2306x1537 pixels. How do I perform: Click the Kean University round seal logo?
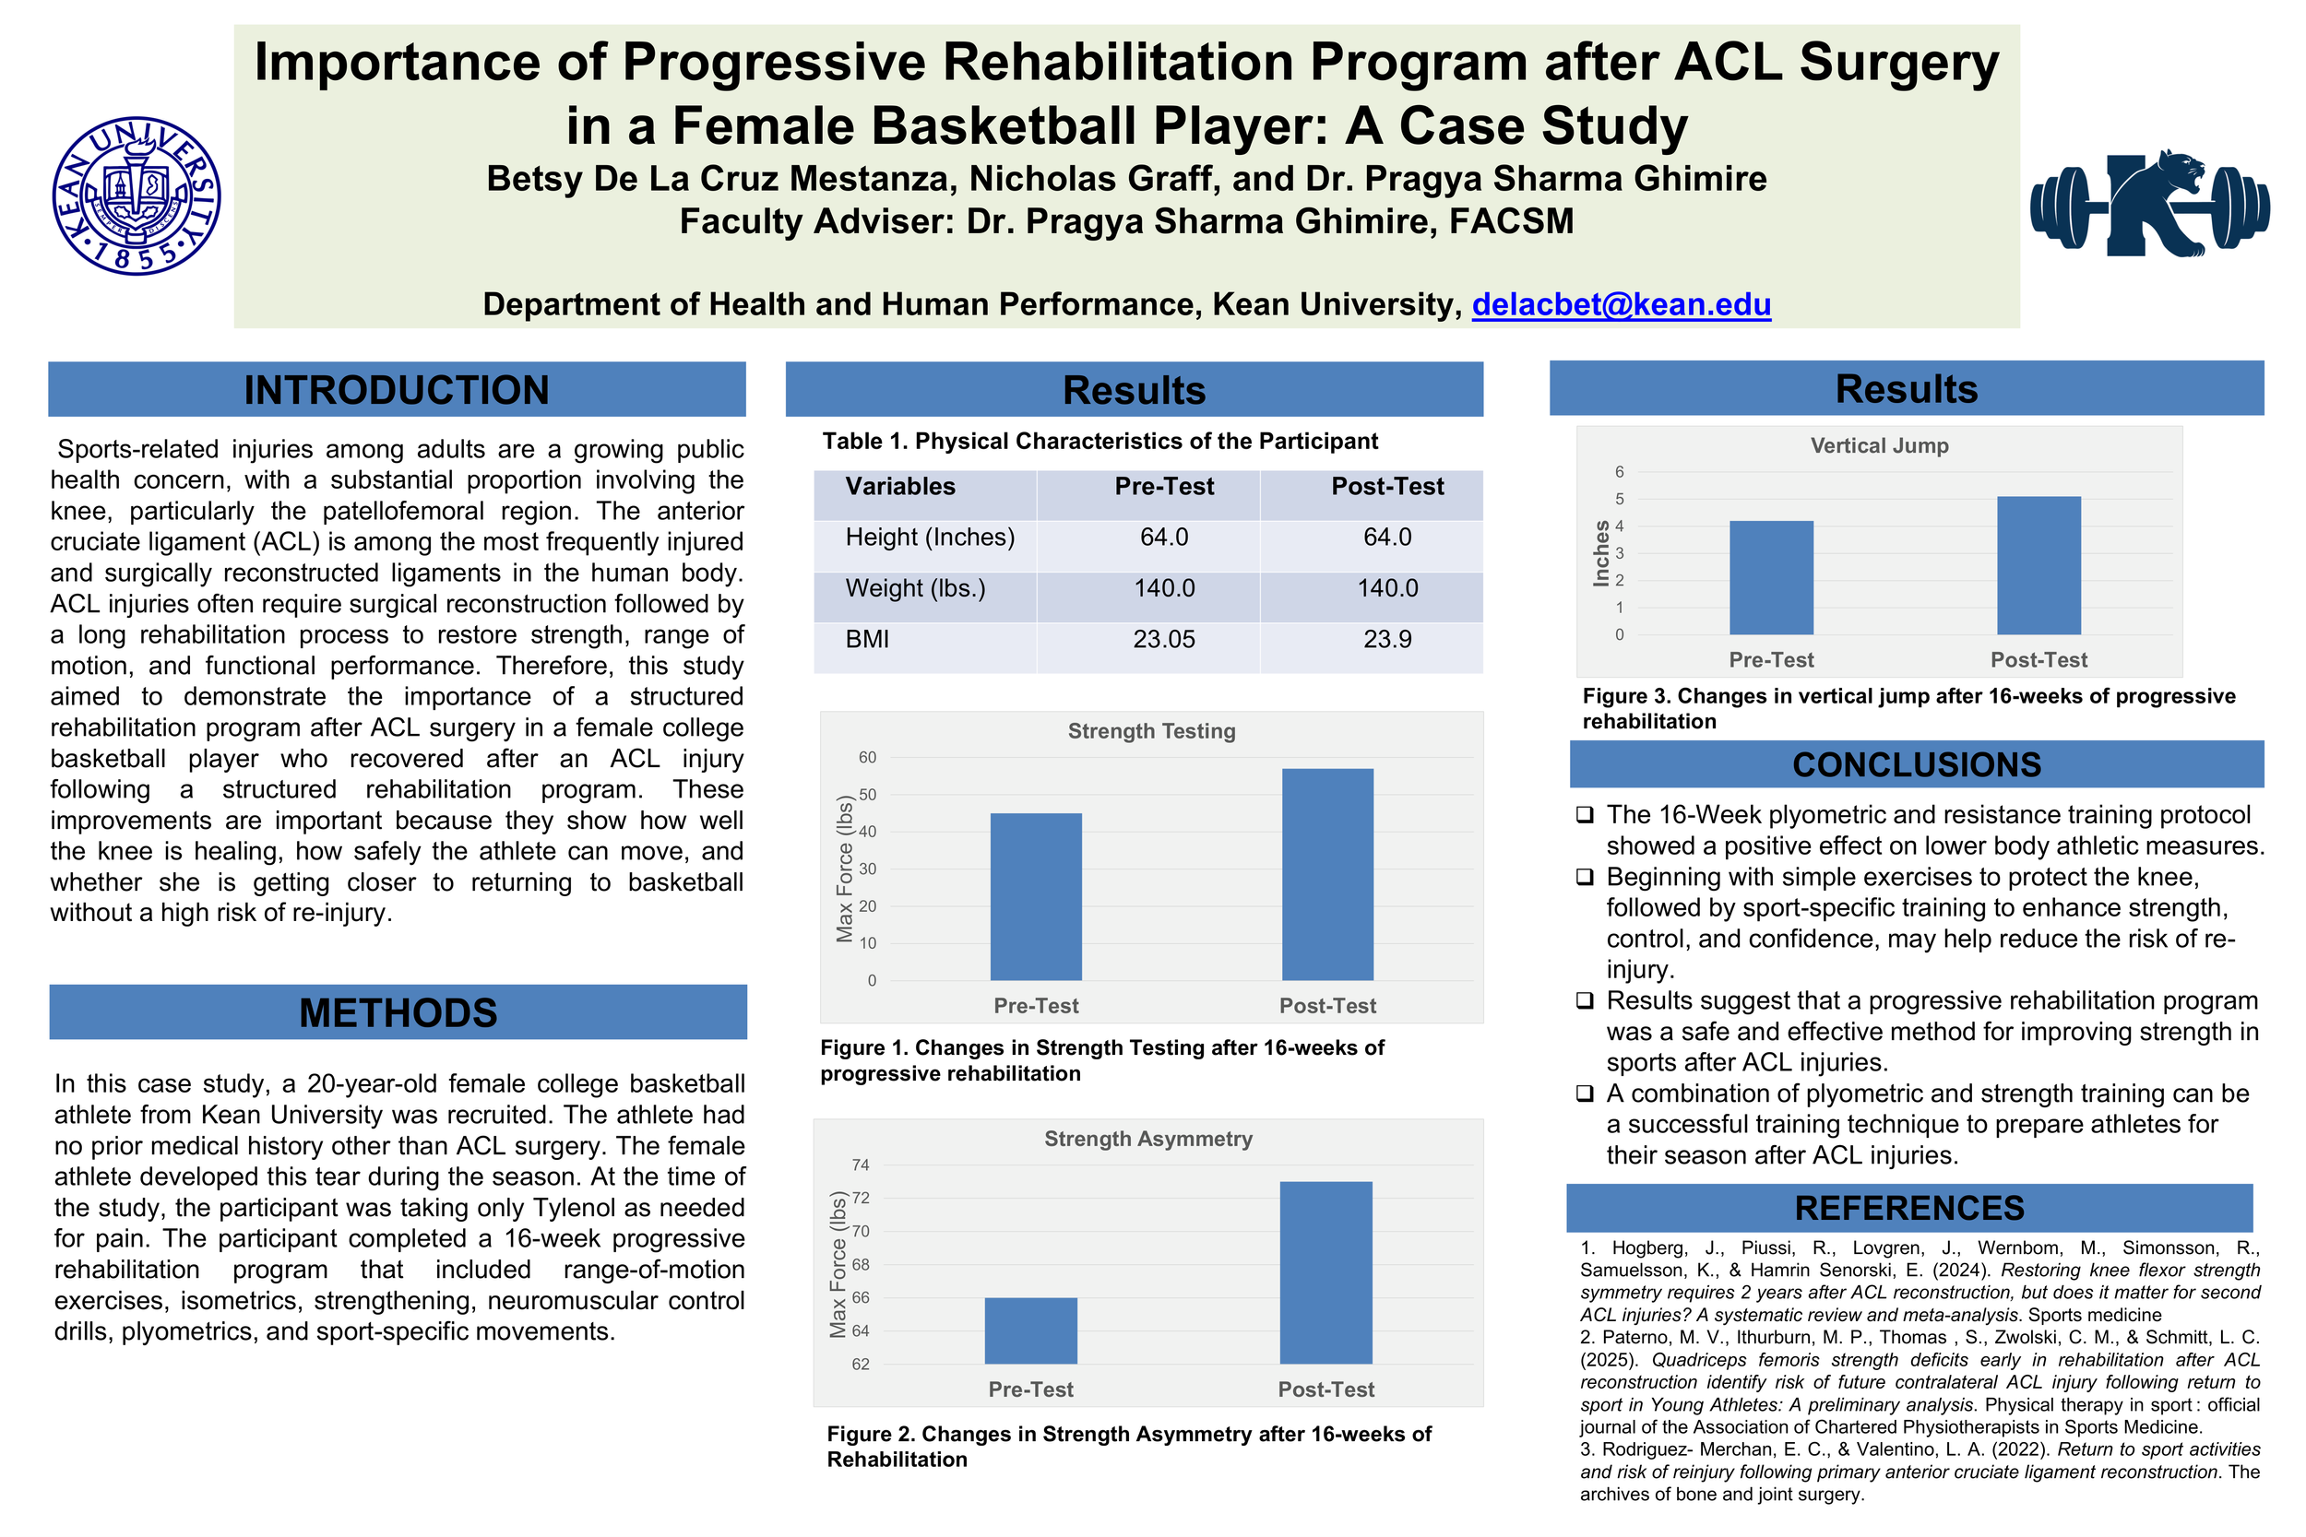pyautogui.click(x=137, y=196)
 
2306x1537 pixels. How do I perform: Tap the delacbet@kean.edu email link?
pyautogui.click(x=1621, y=304)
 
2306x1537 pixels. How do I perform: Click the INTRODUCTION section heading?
pyautogui.click(x=396, y=390)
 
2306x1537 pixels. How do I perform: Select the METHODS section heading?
pyautogui.click(x=398, y=1012)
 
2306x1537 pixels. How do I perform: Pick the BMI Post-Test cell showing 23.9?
pyautogui.click(x=1386, y=639)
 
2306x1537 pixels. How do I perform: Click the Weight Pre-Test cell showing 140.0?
pyautogui.click(x=1164, y=588)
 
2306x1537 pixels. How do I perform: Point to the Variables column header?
pyautogui.click(x=900, y=486)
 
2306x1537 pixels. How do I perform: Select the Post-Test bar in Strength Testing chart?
pyautogui.click(x=1326, y=874)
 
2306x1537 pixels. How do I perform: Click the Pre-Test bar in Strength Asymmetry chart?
pyautogui.click(x=1030, y=1330)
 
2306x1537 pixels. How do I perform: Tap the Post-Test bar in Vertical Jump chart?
pyautogui.click(x=2039, y=565)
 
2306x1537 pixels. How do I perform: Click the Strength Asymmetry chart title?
pyautogui.click(x=1148, y=1138)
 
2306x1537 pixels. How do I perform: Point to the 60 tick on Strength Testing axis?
pyautogui.click(x=868, y=757)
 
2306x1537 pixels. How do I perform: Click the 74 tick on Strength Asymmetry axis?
pyautogui.click(x=860, y=1165)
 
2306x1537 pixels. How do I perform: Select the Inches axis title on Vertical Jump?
pyautogui.click(x=1602, y=553)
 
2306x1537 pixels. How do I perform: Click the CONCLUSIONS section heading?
pyautogui.click(x=1916, y=764)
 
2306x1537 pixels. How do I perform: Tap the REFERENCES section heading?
pyautogui.click(x=1909, y=1208)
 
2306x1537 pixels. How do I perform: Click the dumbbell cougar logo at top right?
pyautogui.click(x=2149, y=206)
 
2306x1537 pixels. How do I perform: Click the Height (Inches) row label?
pyautogui.click(x=930, y=538)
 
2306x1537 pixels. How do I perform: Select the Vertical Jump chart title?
pyautogui.click(x=1879, y=446)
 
